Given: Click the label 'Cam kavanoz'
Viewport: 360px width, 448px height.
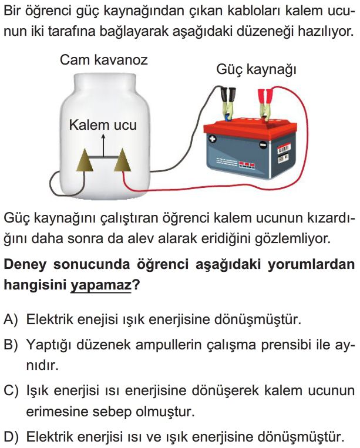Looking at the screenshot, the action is click(104, 60).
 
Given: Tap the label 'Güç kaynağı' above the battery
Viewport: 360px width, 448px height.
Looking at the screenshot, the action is click(256, 70).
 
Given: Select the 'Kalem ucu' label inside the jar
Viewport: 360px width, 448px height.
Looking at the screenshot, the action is click(103, 125).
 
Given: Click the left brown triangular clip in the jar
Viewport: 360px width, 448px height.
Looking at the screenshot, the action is click(85, 160).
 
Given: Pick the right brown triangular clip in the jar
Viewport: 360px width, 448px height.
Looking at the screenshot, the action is click(123, 160).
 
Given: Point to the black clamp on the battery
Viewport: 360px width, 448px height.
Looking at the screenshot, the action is click(229, 103).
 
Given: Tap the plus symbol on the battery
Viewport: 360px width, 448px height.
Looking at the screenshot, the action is click(213, 139).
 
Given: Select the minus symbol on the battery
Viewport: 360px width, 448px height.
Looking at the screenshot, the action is click(263, 144).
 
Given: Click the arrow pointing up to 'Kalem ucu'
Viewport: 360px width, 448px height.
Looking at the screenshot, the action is click(103, 146).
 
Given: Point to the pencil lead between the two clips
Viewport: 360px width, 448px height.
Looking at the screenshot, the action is click(103, 157).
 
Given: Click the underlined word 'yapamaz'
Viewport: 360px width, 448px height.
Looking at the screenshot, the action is click(100, 285).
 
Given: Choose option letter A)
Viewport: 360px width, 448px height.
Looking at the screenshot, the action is click(11, 319).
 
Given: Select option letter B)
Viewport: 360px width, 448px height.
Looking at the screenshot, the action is click(11, 345).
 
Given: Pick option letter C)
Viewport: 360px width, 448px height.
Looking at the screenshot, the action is click(11, 390).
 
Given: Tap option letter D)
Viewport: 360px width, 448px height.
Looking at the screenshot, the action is click(11, 437).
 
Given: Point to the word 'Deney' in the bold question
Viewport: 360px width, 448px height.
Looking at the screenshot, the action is click(25, 265).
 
